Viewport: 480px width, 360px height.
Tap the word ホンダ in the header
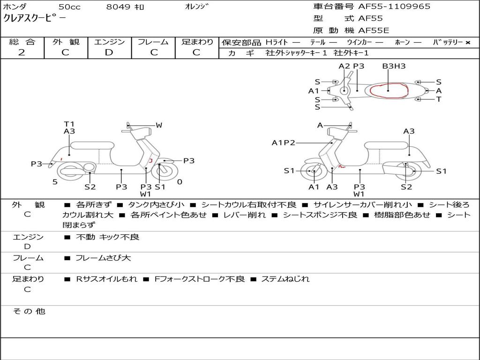(x=15, y=7)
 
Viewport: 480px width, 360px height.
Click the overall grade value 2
(x=22, y=52)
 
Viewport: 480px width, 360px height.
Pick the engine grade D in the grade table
(x=109, y=52)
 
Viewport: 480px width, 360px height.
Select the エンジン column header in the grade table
(x=109, y=42)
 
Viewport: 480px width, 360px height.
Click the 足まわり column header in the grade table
(x=197, y=42)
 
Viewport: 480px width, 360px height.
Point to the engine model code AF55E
(x=374, y=30)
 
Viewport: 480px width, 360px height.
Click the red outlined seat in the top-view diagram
(x=388, y=90)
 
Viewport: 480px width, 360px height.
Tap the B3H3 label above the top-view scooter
(x=394, y=66)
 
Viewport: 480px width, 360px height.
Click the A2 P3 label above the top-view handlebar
(x=352, y=66)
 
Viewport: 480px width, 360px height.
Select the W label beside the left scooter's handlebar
(x=159, y=125)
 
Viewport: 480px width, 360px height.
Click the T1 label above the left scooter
(x=69, y=124)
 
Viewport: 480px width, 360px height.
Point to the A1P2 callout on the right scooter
(x=283, y=142)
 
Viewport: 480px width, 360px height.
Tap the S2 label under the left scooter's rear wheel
(x=90, y=187)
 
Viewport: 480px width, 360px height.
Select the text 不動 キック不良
(x=107, y=237)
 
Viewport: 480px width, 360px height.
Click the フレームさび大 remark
(x=103, y=258)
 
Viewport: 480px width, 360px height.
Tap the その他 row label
(x=29, y=311)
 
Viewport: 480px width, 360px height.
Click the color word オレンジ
(x=196, y=7)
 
